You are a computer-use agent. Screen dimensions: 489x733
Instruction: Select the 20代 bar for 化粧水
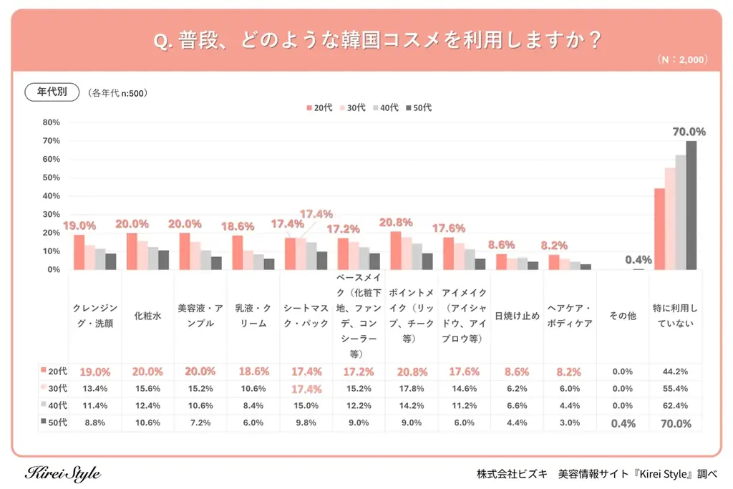pyautogui.click(x=132, y=251)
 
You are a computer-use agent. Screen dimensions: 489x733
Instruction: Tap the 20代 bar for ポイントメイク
pyautogui.click(x=396, y=251)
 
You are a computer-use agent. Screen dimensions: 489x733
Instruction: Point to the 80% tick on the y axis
pyautogui.click(x=51, y=122)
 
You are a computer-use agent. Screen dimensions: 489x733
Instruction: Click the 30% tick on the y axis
pyautogui.click(x=51, y=214)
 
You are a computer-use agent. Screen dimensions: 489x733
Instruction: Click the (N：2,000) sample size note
pyautogui.click(x=682, y=60)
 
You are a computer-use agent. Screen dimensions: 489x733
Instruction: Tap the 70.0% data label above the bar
pyautogui.click(x=689, y=132)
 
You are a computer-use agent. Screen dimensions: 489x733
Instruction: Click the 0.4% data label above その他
pyautogui.click(x=638, y=260)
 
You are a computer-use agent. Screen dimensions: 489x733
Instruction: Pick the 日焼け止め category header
pyautogui.click(x=517, y=316)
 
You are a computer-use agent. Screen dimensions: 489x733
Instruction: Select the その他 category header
pyautogui.click(x=622, y=316)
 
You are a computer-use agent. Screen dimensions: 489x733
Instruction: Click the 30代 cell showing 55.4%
pyautogui.click(x=675, y=389)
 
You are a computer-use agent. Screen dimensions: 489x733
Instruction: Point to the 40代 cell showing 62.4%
pyautogui.click(x=675, y=406)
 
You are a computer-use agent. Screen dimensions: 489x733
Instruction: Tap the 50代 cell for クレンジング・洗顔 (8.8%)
pyautogui.click(x=94, y=423)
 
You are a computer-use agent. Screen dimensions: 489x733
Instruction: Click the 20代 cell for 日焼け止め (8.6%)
pyautogui.click(x=517, y=372)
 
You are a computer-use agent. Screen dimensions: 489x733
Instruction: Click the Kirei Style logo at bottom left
pyautogui.click(x=63, y=473)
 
